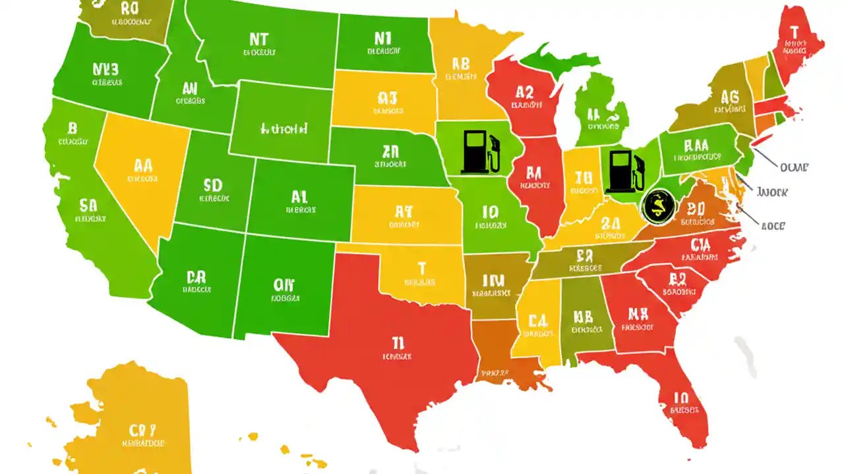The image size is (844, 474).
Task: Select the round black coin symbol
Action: coord(658,205)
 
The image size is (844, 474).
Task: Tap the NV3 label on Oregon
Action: coord(105,69)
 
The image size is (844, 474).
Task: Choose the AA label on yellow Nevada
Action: coord(143,165)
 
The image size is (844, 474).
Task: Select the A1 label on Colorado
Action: coord(299,196)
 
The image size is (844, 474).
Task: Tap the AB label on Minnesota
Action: coord(460,63)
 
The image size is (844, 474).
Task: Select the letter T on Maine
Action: coord(793,31)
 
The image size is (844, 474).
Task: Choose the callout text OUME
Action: coord(793,167)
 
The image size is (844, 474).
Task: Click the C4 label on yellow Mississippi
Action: coord(538,321)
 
